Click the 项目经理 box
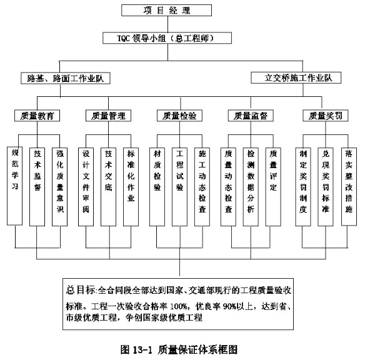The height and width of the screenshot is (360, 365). (166, 10)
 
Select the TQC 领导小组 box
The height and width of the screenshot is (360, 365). (167, 38)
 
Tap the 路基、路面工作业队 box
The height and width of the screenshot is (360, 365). (66, 78)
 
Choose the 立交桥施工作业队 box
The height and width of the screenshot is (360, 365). (296, 77)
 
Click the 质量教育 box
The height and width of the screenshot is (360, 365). (37, 116)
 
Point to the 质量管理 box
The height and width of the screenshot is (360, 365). (109, 116)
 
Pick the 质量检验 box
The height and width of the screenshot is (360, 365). (179, 116)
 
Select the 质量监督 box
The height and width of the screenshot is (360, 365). (251, 116)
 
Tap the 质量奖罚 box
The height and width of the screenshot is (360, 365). (326, 116)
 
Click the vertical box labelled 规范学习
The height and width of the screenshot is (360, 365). (14, 186)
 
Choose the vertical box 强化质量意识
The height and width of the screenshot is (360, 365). (60, 187)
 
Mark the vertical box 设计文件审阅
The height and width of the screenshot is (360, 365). (86, 187)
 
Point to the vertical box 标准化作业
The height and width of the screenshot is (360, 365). (131, 187)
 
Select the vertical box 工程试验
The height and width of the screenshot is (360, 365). (179, 187)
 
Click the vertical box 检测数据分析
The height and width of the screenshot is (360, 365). (251, 187)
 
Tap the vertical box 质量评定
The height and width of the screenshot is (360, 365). (273, 187)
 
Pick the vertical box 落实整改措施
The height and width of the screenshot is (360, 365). (349, 186)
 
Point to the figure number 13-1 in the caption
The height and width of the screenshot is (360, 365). (142, 350)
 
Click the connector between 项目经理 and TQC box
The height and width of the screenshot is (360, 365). (168, 24)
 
